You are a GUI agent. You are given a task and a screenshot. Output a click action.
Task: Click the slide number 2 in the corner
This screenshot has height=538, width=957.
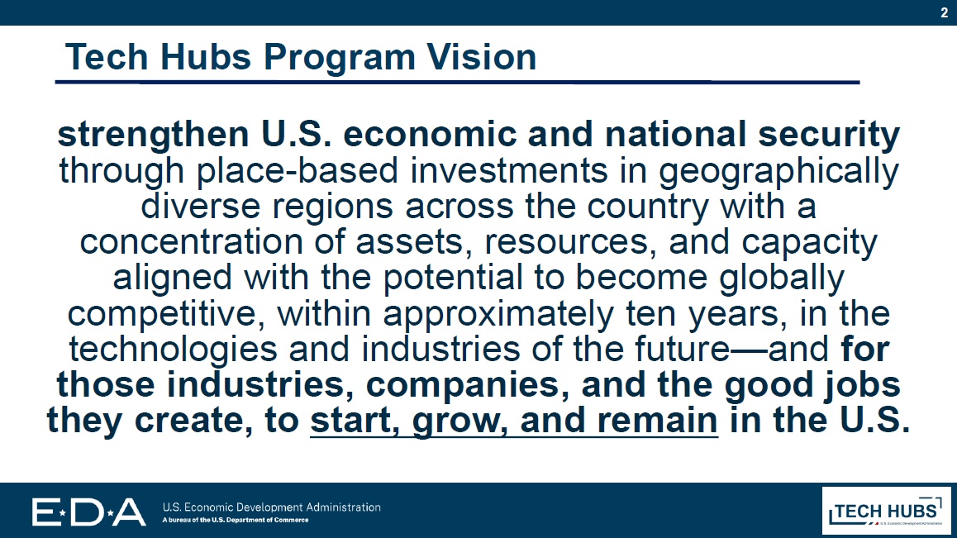point(944,12)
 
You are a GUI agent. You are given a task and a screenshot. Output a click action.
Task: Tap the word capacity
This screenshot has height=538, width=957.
point(804,242)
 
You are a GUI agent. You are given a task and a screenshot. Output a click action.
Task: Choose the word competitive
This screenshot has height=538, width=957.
point(167,313)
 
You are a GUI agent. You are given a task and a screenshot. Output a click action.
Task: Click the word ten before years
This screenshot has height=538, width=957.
point(630,313)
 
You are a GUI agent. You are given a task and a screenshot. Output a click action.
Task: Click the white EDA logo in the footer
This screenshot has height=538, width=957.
point(88,512)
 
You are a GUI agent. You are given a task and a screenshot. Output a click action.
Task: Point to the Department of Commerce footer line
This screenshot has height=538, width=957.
point(235,521)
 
